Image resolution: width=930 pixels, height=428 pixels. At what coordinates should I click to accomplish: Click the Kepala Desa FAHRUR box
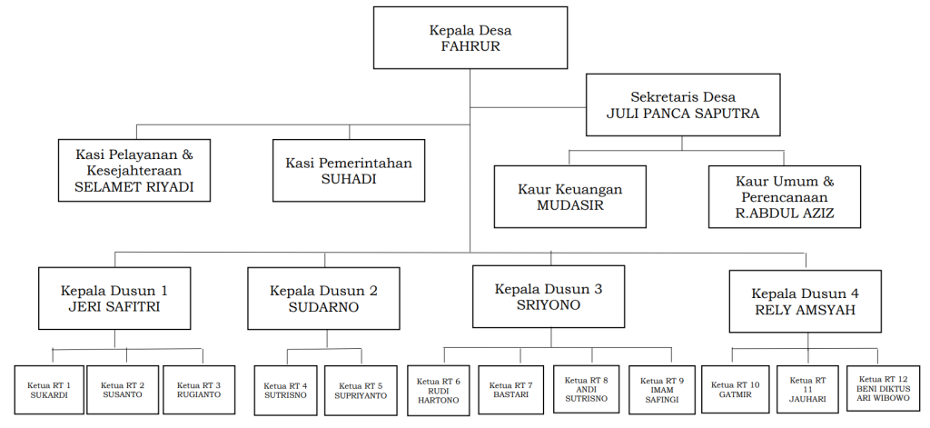(470, 37)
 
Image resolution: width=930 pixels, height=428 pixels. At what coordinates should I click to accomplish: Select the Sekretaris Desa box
(683, 105)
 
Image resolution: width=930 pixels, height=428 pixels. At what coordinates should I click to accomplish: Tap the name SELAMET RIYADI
(134, 187)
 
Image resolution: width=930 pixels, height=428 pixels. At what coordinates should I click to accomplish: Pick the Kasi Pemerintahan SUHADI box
(349, 170)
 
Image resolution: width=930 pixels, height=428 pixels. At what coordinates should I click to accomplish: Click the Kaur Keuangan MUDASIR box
(569, 196)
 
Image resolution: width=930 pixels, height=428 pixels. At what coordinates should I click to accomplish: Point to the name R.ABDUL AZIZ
(785, 214)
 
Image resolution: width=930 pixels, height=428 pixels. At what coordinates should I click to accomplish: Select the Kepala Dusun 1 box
(114, 298)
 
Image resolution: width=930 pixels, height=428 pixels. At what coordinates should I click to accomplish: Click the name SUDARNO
(323, 307)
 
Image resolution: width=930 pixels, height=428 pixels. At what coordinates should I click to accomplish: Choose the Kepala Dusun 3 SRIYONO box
(548, 296)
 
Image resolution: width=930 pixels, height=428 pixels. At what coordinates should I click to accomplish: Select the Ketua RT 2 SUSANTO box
(126, 390)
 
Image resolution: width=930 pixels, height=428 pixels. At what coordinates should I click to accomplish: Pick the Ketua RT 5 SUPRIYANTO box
(361, 391)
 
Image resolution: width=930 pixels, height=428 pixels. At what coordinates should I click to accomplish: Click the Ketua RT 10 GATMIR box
(736, 390)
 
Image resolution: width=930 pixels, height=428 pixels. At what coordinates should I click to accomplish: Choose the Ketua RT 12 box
(884, 389)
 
